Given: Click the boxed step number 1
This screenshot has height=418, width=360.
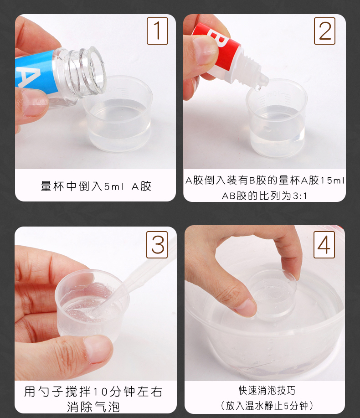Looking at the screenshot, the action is [157, 31].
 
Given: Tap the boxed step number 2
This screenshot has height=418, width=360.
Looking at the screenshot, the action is [324, 31].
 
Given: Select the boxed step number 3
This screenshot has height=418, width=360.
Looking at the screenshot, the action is [157, 245].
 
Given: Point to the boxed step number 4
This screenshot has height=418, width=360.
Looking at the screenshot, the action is [324, 245].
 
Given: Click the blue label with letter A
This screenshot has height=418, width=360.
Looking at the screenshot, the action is [36, 71].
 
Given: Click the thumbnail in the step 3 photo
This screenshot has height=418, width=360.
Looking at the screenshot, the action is [98, 350].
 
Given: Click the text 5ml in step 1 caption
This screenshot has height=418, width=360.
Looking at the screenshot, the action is [114, 186].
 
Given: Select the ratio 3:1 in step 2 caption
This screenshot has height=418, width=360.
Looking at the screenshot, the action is [300, 196].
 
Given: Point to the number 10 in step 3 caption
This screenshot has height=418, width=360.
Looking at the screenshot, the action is [100, 392].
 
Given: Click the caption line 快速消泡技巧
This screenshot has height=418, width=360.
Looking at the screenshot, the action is [267, 390].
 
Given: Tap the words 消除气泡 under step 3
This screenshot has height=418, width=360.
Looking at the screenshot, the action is [93, 407].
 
